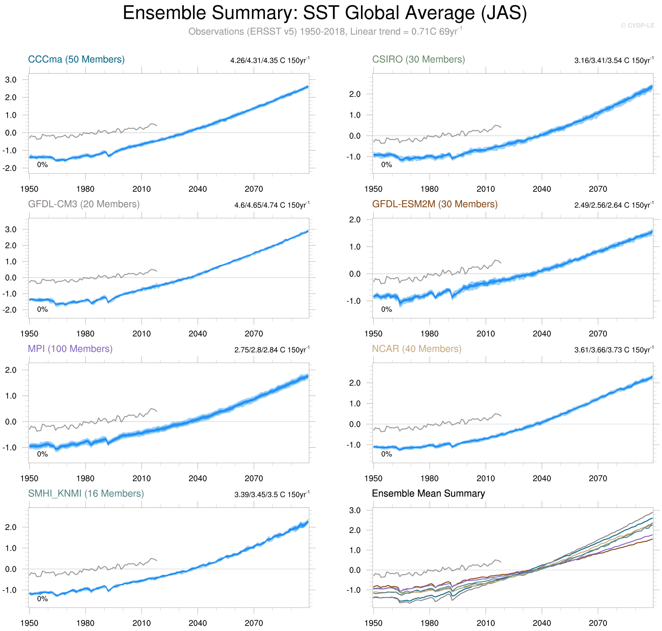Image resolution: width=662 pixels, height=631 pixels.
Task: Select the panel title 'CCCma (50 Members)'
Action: pyautogui.click(x=76, y=60)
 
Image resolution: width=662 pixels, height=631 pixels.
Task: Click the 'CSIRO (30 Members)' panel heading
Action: pyautogui.click(x=418, y=60)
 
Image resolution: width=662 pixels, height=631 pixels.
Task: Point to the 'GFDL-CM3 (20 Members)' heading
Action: pyautogui.click(x=84, y=204)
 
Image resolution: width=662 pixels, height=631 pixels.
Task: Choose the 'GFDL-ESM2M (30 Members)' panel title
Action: pyautogui.click(x=434, y=204)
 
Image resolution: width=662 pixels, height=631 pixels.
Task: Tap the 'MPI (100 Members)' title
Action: pyautogui.click(x=70, y=349)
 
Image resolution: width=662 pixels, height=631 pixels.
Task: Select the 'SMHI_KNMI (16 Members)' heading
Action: pyautogui.click(x=86, y=493)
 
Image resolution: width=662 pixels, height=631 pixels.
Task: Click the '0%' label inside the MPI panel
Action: pyautogui.click(x=42, y=454)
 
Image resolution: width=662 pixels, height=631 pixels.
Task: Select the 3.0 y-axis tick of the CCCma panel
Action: pyautogui.click(x=11, y=80)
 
